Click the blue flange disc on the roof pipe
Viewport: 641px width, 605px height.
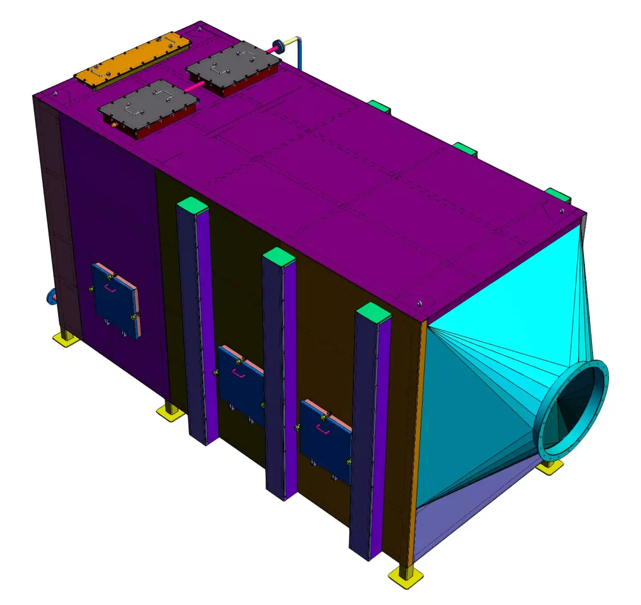pyautogui.click(x=278, y=46)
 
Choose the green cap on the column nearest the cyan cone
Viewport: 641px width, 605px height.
pyautogui.click(x=372, y=312)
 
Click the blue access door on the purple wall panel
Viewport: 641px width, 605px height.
pyautogui.click(x=115, y=299)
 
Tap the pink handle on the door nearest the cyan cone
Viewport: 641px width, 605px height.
pyautogui.click(x=322, y=428)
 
